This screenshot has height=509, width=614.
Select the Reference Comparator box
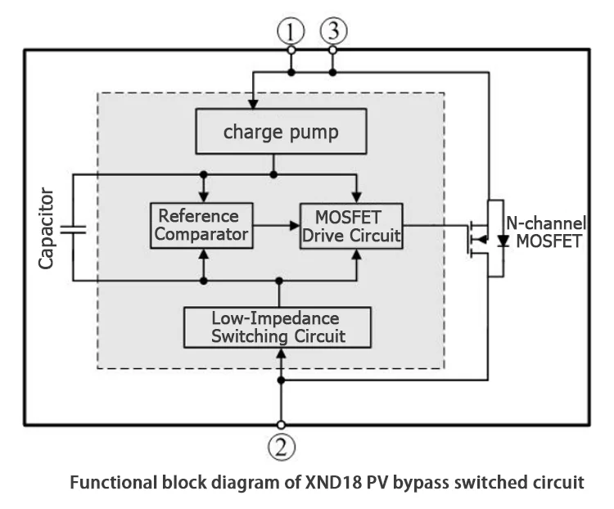tap(200, 226)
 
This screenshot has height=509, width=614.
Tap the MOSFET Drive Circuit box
tap(350, 226)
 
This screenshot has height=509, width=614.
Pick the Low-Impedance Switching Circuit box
tap(278, 327)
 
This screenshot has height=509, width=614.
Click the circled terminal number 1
tap(291, 32)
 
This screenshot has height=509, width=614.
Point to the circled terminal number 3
tap(332, 32)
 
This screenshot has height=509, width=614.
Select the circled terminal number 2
tap(281, 448)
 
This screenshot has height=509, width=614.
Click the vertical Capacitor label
tap(47, 228)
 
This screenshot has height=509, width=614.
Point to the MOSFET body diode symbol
tap(503, 241)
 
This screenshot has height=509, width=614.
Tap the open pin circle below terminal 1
tap(291, 51)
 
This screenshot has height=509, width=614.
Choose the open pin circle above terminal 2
tap(281, 425)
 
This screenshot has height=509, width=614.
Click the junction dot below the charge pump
tap(273, 173)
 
